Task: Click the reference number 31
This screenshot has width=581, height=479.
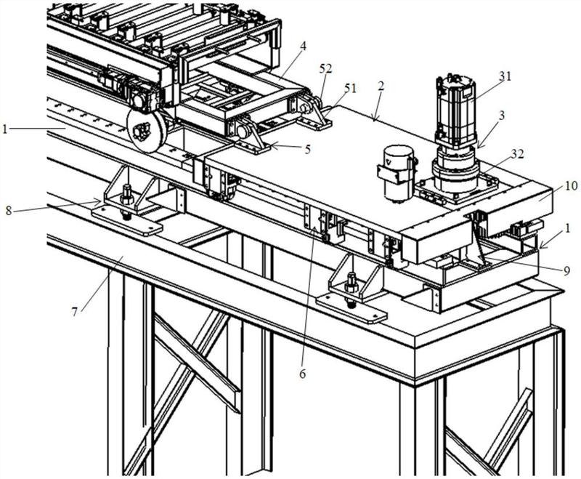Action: (x=505, y=77)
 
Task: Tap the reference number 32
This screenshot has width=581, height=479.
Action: (x=518, y=154)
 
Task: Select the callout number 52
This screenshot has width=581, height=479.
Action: (x=327, y=68)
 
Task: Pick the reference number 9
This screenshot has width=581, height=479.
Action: (x=566, y=271)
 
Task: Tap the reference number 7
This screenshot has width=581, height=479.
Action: (x=75, y=312)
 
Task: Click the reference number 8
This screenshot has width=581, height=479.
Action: (x=9, y=211)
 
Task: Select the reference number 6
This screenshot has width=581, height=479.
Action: (x=303, y=374)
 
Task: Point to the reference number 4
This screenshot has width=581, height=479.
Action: (x=303, y=47)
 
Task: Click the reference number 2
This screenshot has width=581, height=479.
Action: (x=381, y=86)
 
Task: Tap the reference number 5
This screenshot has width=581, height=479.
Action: (x=307, y=149)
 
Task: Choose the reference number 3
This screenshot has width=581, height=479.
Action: (x=502, y=116)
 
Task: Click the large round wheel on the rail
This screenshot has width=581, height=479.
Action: (x=147, y=131)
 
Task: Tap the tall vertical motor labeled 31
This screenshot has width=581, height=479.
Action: (x=456, y=110)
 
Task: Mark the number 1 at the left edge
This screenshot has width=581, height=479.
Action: (x=5, y=129)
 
